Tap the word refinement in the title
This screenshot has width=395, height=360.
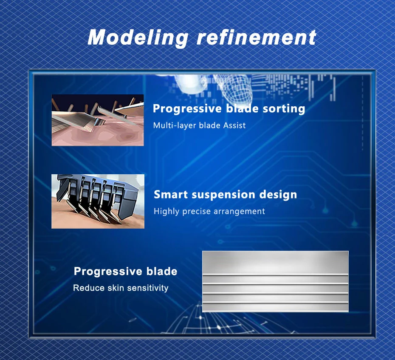[x=257, y=37]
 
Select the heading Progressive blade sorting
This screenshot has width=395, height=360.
[x=229, y=109]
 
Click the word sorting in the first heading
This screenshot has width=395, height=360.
[x=284, y=109]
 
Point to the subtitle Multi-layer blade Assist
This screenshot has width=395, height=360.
[x=199, y=125]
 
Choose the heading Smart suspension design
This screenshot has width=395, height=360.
[x=225, y=195]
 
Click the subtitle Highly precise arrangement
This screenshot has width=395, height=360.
[x=209, y=211]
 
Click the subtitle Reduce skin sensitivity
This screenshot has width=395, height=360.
[x=121, y=288]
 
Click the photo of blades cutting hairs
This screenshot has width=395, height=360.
[x=98, y=120]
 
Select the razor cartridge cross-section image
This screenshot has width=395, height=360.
[x=98, y=201]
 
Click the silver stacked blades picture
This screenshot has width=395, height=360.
[x=275, y=281]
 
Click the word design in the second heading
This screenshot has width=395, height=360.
[x=278, y=195]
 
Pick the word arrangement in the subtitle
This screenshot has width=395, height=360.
[x=241, y=212]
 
